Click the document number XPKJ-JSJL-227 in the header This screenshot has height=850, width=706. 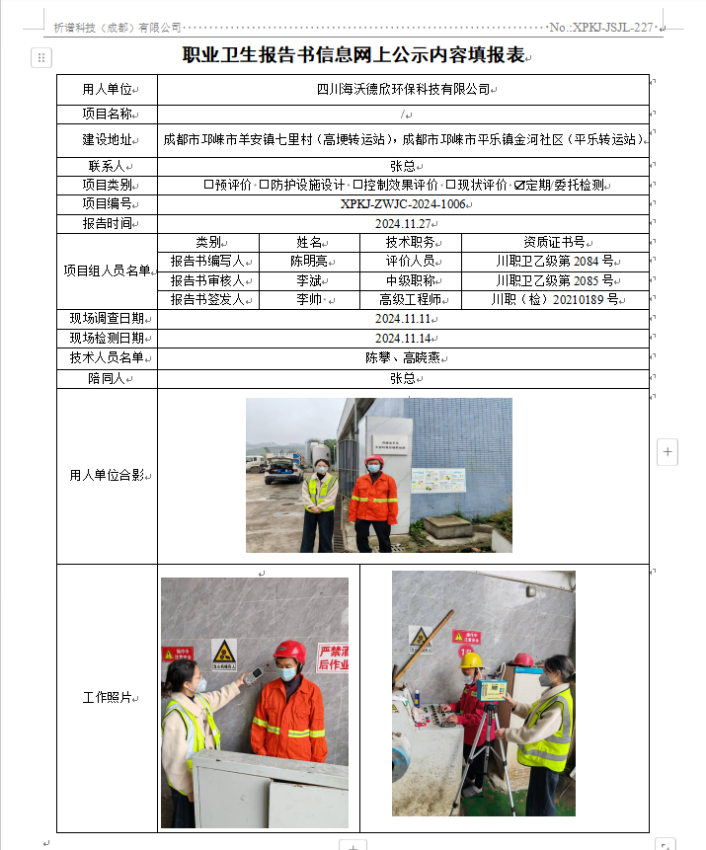click(x=612, y=28)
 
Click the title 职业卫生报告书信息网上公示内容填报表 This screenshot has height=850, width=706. click(x=353, y=56)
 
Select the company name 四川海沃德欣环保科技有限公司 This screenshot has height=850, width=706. click(x=403, y=89)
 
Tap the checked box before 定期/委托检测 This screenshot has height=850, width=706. click(x=519, y=185)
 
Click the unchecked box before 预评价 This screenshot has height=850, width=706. click(x=208, y=185)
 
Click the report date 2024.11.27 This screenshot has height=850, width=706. click(x=403, y=223)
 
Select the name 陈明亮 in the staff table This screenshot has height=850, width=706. click(x=309, y=262)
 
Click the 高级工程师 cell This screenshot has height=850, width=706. click(x=410, y=299)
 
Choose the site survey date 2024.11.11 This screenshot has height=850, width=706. click(x=403, y=319)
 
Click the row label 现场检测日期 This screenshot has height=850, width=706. click(x=107, y=338)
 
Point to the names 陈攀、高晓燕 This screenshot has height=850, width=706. click(x=403, y=357)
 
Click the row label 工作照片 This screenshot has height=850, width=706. click(x=107, y=698)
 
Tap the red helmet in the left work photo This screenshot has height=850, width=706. click(x=289, y=652)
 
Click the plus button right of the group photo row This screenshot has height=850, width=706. click(x=667, y=452)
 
